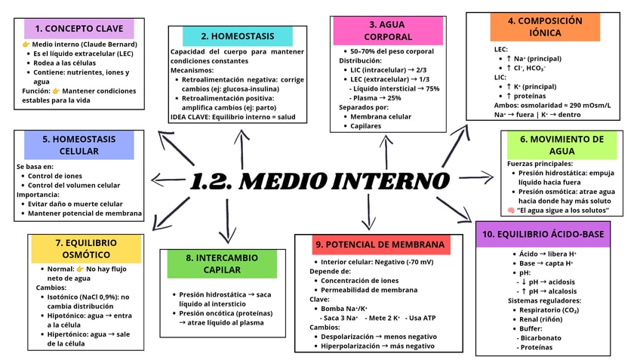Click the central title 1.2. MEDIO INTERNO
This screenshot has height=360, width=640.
pyautogui.click(x=319, y=181)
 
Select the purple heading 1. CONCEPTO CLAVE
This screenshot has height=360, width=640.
pyautogui.click(x=79, y=29)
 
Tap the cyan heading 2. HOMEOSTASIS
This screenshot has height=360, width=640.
pyautogui.click(x=238, y=36)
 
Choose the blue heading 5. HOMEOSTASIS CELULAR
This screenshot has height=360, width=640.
pyautogui.click(x=78, y=145)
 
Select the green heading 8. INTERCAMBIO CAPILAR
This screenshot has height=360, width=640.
pyautogui.click(x=223, y=263)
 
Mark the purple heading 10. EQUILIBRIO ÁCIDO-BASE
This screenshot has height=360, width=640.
pyautogui.click(x=543, y=235)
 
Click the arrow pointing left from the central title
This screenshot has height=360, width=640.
pyautogui.click(x=166, y=179)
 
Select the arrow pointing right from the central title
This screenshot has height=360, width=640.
pyautogui.click(x=476, y=178)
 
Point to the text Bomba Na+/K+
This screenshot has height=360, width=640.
pyautogui.click(x=344, y=309)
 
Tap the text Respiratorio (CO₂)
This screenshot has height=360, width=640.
pyautogui.click(x=548, y=309)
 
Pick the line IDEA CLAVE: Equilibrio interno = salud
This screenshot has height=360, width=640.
pyautogui.click(x=233, y=117)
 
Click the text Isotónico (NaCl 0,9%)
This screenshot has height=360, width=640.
pyautogui.click(x=82, y=297)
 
